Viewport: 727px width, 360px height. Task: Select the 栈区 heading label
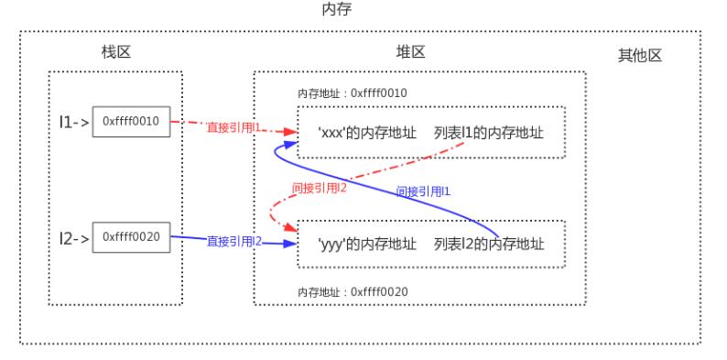click(x=115, y=52)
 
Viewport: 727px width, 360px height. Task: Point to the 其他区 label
click(x=640, y=56)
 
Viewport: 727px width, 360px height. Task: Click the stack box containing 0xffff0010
click(x=132, y=122)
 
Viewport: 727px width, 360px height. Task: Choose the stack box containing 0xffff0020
click(x=132, y=236)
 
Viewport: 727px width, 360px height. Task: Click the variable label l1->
click(x=72, y=122)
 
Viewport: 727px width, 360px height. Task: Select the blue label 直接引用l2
click(x=234, y=241)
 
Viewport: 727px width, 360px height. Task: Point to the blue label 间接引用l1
click(x=424, y=191)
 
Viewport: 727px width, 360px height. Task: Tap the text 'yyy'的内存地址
click(x=367, y=244)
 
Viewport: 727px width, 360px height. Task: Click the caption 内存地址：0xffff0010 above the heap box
click(x=353, y=93)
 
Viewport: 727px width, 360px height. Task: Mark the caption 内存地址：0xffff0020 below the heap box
click(x=353, y=291)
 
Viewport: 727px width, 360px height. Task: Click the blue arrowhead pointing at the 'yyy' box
click(x=292, y=244)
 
